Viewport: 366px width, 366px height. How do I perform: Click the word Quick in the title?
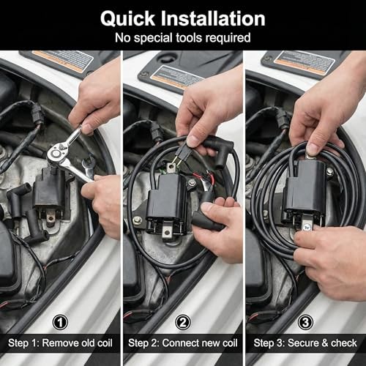[127, 19]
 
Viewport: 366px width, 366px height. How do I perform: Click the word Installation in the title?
[213, 18]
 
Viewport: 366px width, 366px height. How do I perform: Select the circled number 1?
[60, 322]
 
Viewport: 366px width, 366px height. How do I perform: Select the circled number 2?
[183, 322]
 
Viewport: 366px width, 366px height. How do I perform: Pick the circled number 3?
[305, 322]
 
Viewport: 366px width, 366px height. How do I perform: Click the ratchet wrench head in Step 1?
[56, 153]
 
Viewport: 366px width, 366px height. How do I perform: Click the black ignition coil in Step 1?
[50, 190]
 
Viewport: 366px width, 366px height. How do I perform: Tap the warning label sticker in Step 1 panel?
[62, 61]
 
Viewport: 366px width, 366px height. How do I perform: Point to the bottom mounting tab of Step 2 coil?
[167, 232]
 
